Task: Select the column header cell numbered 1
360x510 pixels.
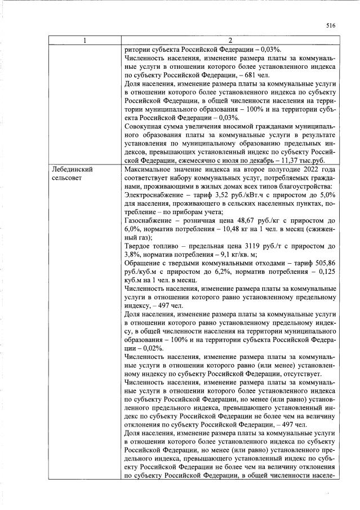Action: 84,40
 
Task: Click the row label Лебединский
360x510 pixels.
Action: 72,169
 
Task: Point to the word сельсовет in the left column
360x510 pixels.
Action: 68,178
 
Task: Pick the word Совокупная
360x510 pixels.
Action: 144,126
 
